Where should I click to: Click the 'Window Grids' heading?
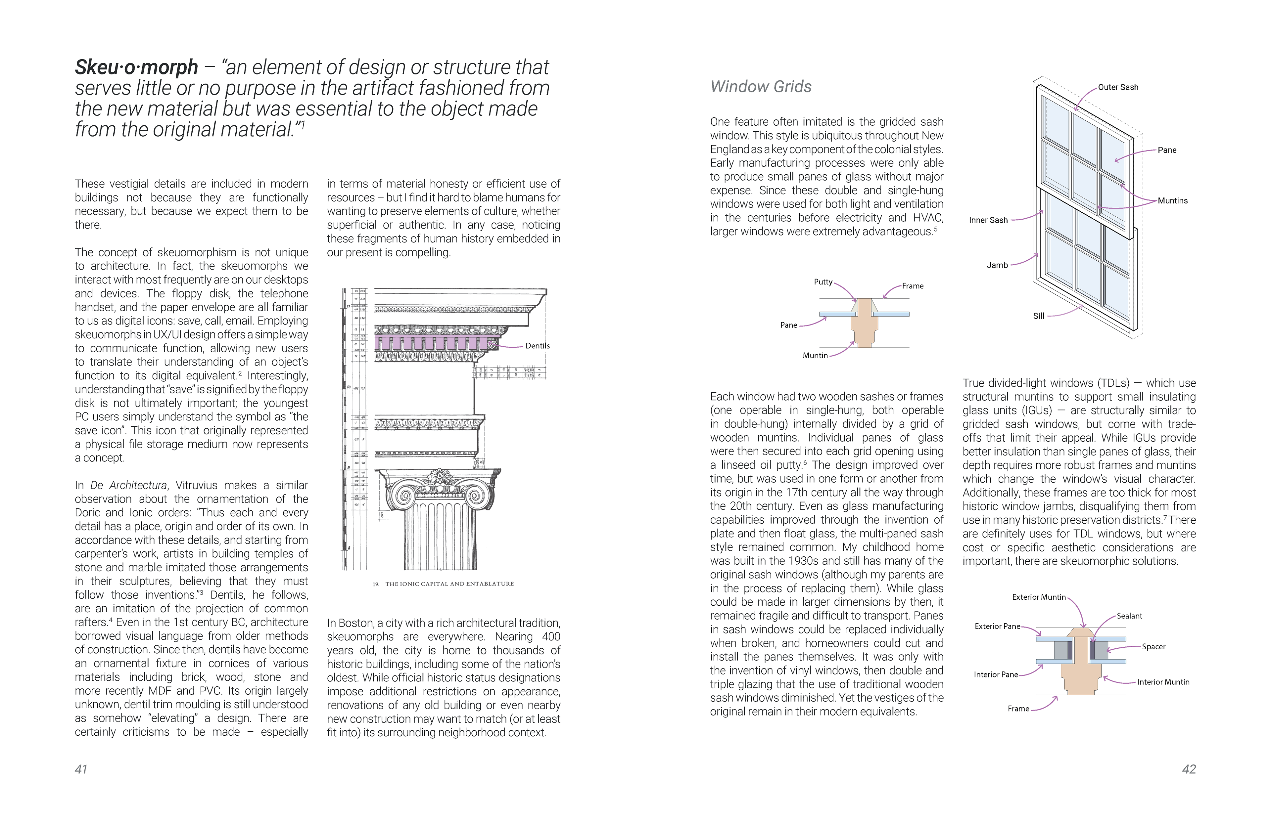coord(761,86)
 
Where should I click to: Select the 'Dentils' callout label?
coord(537,346)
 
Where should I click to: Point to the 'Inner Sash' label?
coord(988,220)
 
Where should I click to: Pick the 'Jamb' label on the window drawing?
coord(997,265)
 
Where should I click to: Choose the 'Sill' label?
coord(1038,316)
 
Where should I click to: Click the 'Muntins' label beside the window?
coord(1172,201)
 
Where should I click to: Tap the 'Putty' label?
coord(823,282)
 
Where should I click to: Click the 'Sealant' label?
coord(1129,616)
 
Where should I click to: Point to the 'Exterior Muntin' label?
coord(1039,597)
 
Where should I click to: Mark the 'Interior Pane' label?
coord(995,675)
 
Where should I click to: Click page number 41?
coord(81,769)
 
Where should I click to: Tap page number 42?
coord(1189,769)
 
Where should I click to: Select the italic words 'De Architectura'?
coord(128,485)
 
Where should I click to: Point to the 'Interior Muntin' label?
coord(1162,682)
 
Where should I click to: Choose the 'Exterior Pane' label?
coord(997,627)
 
